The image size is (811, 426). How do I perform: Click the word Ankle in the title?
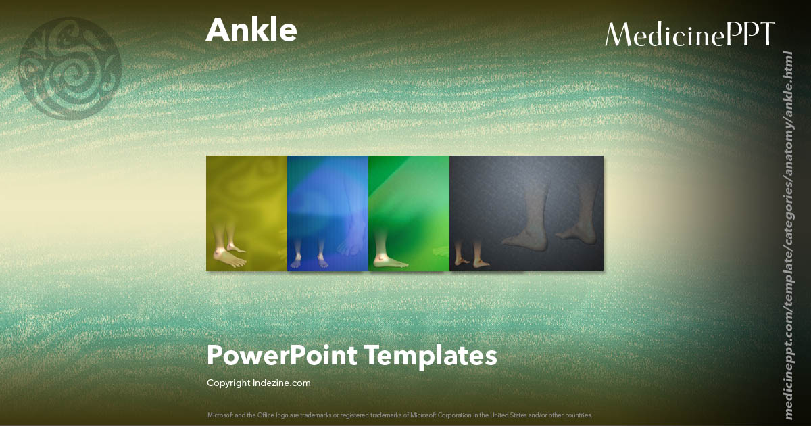251,30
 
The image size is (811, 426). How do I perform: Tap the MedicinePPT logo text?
689,34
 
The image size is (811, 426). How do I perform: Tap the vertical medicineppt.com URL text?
787,233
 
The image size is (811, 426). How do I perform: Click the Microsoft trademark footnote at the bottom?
399,415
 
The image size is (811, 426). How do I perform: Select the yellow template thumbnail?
247,213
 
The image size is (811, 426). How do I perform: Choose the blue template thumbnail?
328,213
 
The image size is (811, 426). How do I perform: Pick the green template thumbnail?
409,213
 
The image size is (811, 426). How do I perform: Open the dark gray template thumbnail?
526,213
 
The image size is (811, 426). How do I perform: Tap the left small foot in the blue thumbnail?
297,261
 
